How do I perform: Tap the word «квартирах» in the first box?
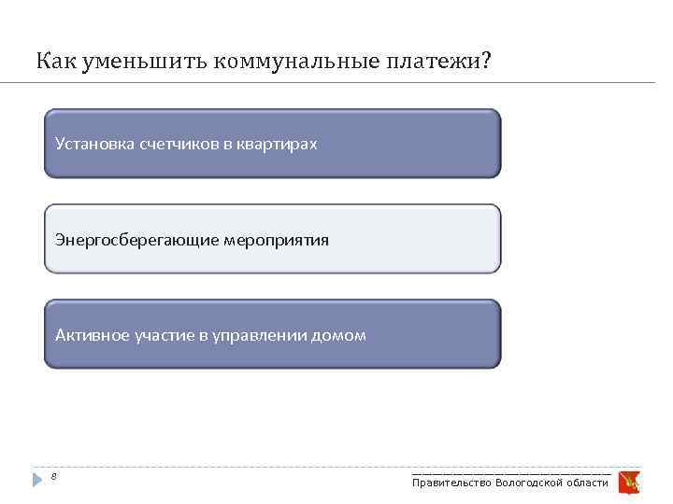[x=277, y=144]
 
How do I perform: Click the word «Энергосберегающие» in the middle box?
[x=136, y=240]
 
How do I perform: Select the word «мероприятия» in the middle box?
[x=276, y=240]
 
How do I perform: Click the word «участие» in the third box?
[x=162, y=335]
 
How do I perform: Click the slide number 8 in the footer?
[x=54, y=477]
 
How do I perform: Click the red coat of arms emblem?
[x=628, y=481]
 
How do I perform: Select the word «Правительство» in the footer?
[x=451, y=483]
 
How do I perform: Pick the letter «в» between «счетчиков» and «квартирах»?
[x=227, y=144]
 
